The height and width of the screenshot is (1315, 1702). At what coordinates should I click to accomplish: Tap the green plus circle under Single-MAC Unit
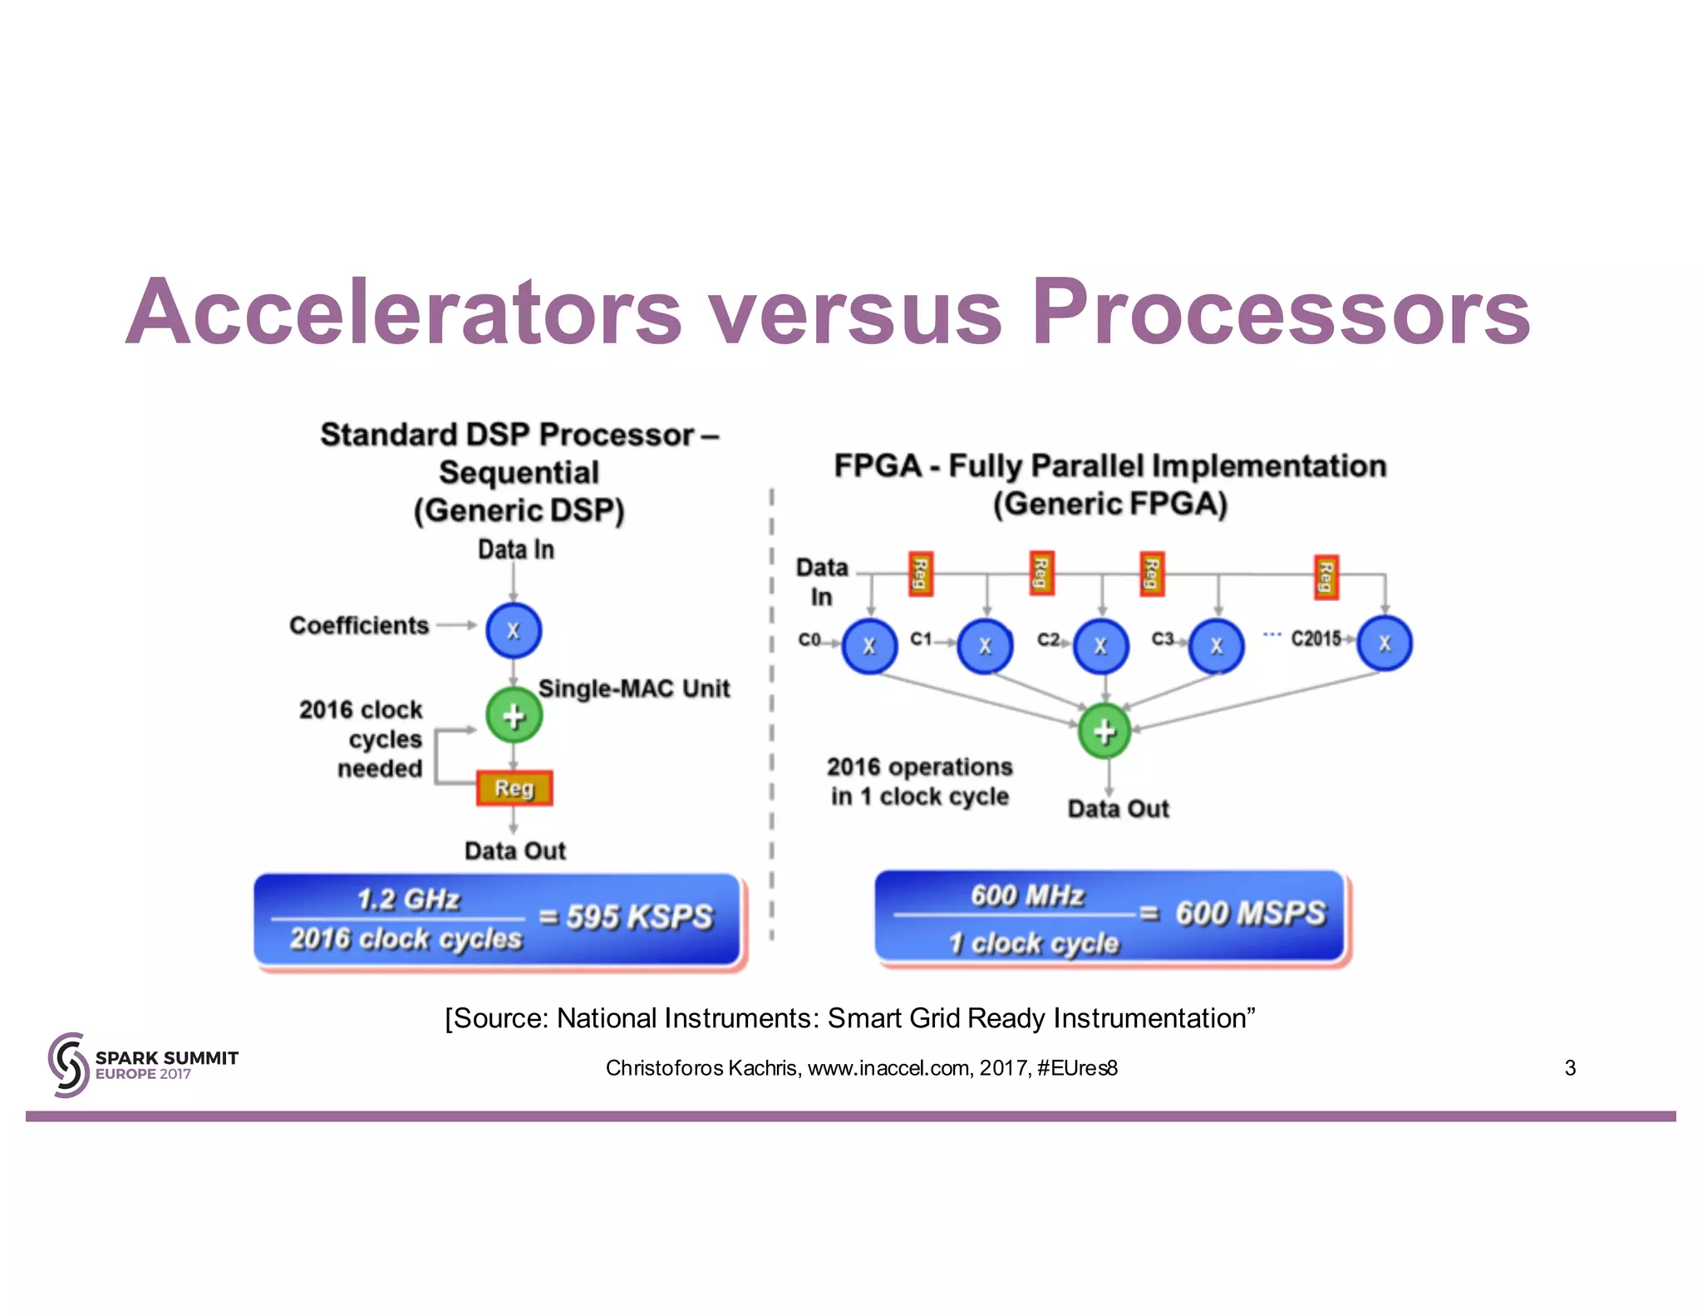[514, 716]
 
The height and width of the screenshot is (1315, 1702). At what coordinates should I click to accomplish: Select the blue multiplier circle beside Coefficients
[514, 630]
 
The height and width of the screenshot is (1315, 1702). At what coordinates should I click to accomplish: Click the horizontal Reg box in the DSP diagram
[514, 788]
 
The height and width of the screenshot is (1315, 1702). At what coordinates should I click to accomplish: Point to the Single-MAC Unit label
[633, 688]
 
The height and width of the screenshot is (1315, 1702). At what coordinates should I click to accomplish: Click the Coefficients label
[359, 625]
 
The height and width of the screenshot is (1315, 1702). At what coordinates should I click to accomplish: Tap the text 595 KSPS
[639, 917]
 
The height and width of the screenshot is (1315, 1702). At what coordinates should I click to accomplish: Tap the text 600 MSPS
[1250, 914]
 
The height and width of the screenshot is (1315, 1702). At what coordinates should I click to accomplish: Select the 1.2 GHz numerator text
[408, 899]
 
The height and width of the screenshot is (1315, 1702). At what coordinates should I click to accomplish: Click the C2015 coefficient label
[1316, 638]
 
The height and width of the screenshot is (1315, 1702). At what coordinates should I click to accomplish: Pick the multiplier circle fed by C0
[869, 646]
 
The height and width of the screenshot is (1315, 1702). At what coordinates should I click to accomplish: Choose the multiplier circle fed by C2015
[1385, 643]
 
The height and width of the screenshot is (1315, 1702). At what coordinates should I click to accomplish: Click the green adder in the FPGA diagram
[1104, 731]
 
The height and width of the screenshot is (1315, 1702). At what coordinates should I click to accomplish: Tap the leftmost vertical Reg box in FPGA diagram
[921, 574]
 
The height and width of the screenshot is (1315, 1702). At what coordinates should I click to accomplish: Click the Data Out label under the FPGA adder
[1118, 809]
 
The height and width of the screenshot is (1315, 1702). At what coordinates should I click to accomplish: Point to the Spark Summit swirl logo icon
[68, 1065]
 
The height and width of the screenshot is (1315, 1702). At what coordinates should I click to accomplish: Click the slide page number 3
[1570, 1068]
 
